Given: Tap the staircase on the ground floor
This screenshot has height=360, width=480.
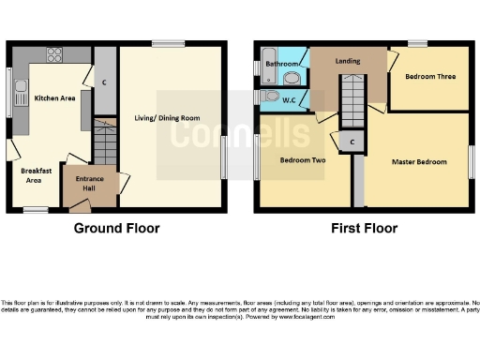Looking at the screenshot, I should [x=104, y=145].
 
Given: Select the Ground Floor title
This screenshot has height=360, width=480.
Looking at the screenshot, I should [x=116, y=228].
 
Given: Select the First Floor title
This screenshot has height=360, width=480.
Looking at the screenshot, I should [x=364, y=228].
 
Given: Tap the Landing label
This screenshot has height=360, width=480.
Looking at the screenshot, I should [x=350, y=62].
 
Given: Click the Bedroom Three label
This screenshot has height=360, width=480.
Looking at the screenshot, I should [x=430, y=77].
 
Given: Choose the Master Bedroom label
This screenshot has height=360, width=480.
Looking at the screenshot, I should [x=419, y=162].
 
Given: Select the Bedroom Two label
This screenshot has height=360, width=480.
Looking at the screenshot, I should [x=303, y=159].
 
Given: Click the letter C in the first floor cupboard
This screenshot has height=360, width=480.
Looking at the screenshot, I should [x=352, y=142].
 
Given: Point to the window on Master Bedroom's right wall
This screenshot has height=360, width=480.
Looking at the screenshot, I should [x=471, y=162].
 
